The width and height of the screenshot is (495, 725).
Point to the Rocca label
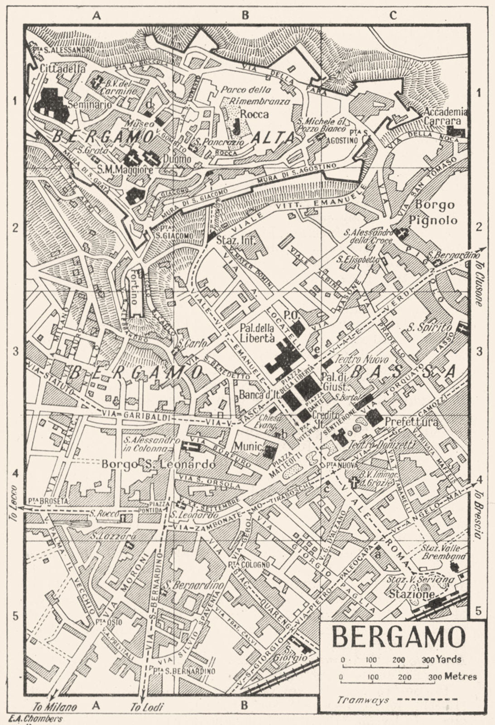(254, 114)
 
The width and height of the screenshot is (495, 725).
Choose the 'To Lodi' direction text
(146, 706)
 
